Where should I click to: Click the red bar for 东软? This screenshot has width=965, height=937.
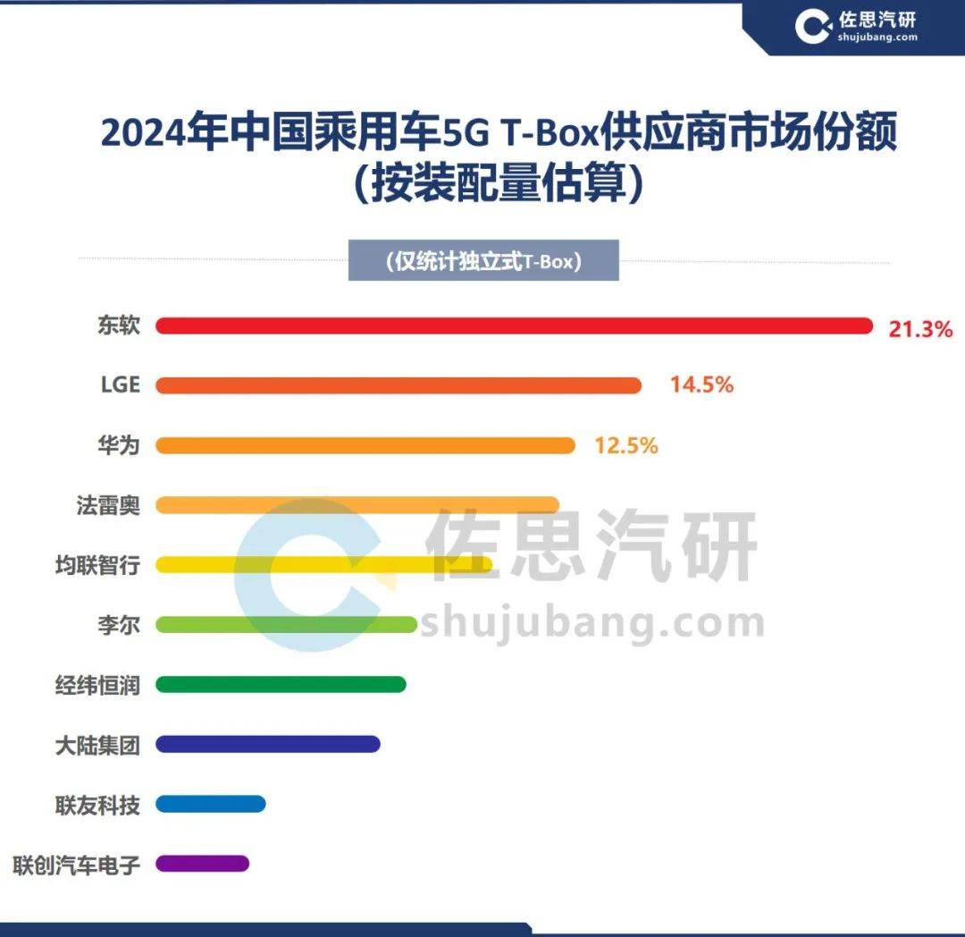click(x=514, y=326)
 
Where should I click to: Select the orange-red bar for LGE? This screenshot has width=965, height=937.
click(x=399, y=385)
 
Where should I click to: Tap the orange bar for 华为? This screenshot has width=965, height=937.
click(x=365, y=445)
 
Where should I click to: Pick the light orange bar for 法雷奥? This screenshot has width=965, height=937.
click(x=357, y=505)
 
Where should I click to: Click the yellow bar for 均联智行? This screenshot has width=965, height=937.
click(x=324, y=564)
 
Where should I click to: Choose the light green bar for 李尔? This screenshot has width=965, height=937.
click(x=286, y=624)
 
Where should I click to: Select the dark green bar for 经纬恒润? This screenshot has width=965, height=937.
click(x=281, y=684)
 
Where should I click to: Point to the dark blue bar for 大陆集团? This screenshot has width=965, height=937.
click(x=268, y=744)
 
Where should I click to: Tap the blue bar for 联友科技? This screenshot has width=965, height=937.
click(x=211, y=804)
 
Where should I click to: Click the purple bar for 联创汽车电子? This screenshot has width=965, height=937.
click(x=202, y=864)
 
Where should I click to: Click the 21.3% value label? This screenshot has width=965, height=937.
click(x=920, y=329)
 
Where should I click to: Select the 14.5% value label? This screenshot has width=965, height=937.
click(x=701, y=385)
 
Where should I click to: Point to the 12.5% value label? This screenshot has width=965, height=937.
click(x=626, y=445)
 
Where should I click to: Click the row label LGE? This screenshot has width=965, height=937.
click(x=120, y=385)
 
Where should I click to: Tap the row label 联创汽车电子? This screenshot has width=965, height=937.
click(x=76, y=865)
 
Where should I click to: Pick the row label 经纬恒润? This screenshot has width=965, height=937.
click(x=97, y=685)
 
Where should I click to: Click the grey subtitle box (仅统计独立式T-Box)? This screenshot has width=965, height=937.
click(x=483, y=262)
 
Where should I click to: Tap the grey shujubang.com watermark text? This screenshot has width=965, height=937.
click(x=592, y=623)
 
